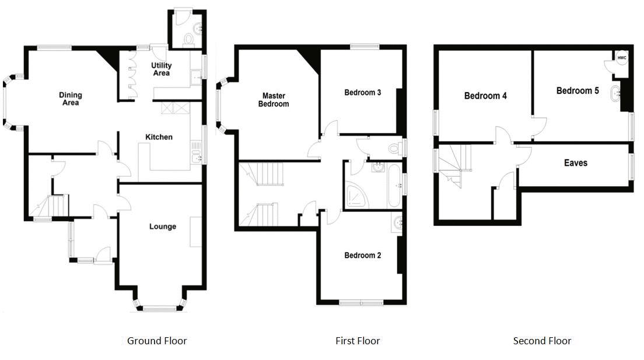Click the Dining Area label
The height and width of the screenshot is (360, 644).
[71, 99]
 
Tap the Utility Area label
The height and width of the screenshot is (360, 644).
[161, 69]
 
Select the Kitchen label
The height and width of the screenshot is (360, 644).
[159, 137]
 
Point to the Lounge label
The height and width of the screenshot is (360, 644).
[162, 226]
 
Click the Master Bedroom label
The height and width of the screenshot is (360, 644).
[275, 100]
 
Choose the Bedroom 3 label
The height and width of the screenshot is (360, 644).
[362, 92]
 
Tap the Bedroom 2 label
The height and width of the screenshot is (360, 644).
[362, 255]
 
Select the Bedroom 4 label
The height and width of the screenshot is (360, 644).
[485, 96]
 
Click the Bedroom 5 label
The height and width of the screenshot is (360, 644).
[577, 90]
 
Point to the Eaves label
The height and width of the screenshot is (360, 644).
[575, 163]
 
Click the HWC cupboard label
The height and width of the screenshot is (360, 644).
[622, 58]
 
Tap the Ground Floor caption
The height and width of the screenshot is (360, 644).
[157, 341]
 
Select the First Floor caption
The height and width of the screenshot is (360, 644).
[358, 341]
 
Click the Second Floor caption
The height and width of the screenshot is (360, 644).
[542, 341]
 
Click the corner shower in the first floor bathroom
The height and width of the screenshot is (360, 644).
[356, 196]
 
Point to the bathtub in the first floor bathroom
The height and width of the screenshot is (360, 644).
[393, 186]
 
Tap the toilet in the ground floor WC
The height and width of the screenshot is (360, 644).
[188, 39]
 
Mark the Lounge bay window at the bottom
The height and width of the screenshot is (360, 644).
[159, 307]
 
